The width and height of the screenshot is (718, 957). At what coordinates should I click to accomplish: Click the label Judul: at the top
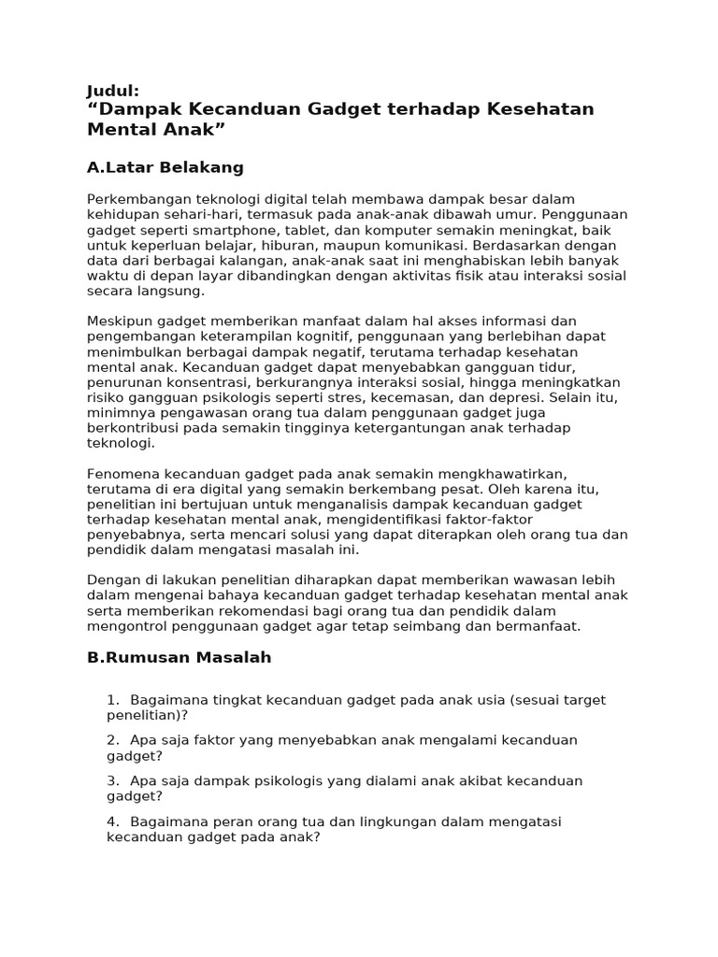[x=112, y=91]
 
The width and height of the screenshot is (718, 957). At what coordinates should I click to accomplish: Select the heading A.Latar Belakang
[x=165, y=167]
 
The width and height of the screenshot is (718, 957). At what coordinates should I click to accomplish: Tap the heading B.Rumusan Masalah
[x=179, y=657]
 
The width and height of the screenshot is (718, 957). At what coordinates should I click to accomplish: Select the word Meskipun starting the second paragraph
[x=120, y=321]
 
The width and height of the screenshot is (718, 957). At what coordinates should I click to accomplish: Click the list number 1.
[x=112, y=699]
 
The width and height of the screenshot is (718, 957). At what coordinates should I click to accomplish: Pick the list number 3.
[x=112, y=780]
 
